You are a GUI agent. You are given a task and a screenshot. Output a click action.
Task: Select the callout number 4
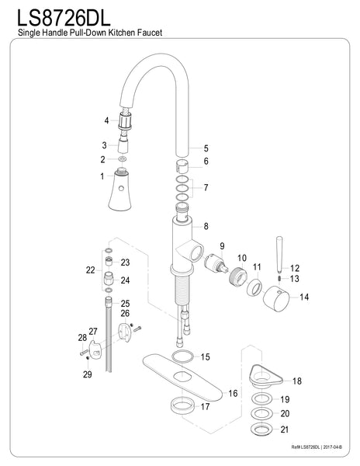106,120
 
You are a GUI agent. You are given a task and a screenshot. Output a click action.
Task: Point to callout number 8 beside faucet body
206,226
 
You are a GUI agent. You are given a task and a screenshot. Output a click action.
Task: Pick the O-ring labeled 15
182,356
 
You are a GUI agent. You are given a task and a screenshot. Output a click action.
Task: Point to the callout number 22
91,270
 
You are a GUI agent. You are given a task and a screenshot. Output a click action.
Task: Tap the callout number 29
87,374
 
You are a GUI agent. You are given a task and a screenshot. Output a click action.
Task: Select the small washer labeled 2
120,159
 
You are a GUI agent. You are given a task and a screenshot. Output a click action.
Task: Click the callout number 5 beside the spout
206,148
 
